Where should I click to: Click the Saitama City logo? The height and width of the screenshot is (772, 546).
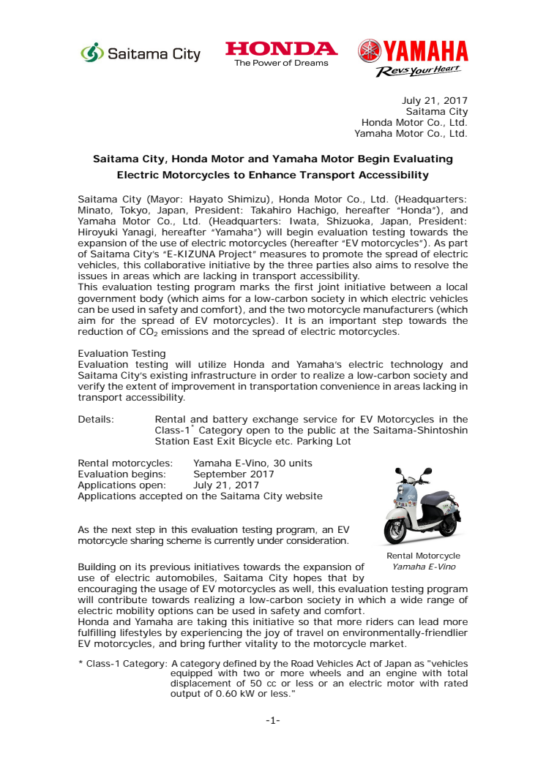pos(140,54)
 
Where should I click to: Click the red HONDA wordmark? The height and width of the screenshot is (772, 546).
pos(281,49)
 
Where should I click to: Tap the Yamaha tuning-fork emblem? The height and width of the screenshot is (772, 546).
pos(370,50)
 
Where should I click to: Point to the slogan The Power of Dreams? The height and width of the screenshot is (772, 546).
pos(281,63)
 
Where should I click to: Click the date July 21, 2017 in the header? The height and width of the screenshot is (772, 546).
pos(435,100)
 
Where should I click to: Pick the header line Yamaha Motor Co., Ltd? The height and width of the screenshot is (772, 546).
pos(411,133)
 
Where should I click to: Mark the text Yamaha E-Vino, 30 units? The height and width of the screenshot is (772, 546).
pos(253,463)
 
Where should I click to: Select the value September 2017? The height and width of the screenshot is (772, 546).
pos(233,474)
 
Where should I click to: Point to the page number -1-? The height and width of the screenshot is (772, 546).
pos(272,720)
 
